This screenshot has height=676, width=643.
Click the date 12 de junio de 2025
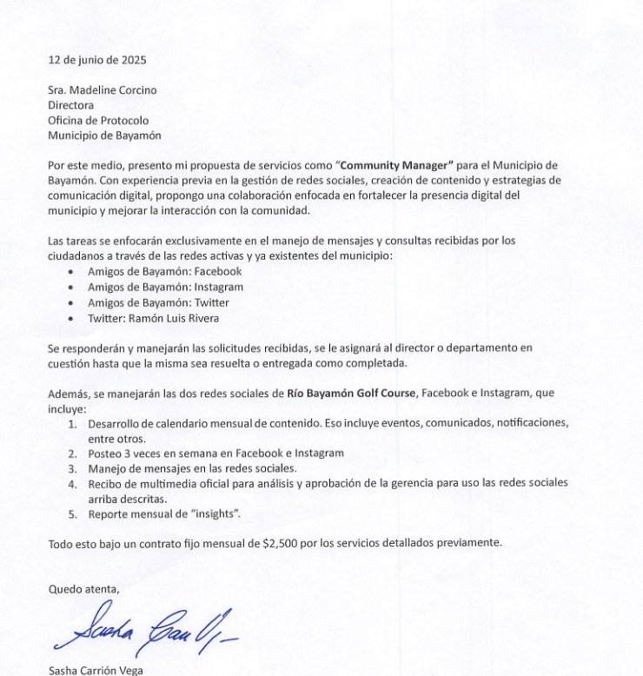(97, 60)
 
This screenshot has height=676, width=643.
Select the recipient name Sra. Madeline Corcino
(103, 91)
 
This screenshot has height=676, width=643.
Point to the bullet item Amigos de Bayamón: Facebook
(164, 271)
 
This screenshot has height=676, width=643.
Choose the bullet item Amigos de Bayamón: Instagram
(165, 287)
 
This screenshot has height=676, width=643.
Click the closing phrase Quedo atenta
(83, 589)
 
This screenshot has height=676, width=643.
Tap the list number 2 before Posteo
(72, 453)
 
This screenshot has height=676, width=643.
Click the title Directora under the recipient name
(71, 105)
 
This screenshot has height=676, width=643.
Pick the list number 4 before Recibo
(72, 483)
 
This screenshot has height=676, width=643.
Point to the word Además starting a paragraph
(67, 394)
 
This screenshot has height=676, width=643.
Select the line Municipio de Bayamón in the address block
(104, 135)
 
